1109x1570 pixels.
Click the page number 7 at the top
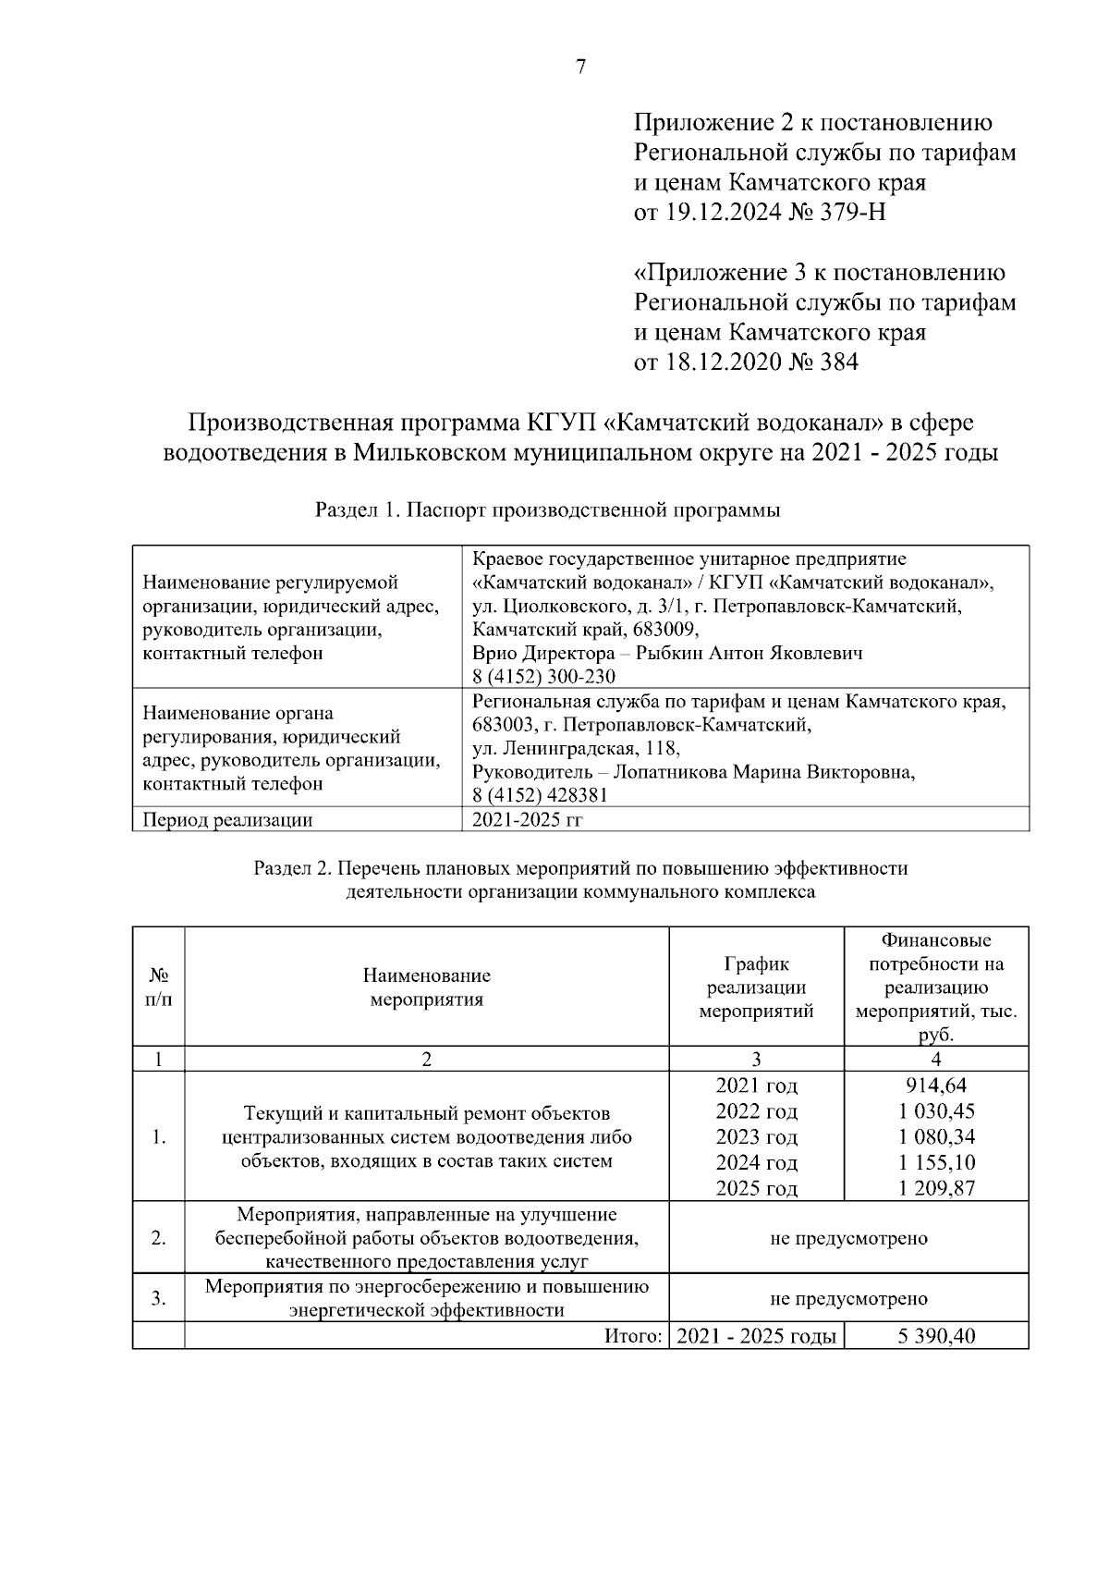coord(581,67)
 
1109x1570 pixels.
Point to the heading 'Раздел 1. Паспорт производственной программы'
coord(548,509)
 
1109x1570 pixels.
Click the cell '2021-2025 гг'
coord(527,819)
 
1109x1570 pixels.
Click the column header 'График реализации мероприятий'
coord(756,987)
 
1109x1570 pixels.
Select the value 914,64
coord(935,1086)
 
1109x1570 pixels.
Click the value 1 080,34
coord(935,1137)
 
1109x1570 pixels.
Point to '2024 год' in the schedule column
coord(756,1163)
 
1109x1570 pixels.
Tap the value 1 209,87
coord(935,1189)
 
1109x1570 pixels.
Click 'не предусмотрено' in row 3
coord(848,1299)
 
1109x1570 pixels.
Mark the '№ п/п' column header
coord(158,987)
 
